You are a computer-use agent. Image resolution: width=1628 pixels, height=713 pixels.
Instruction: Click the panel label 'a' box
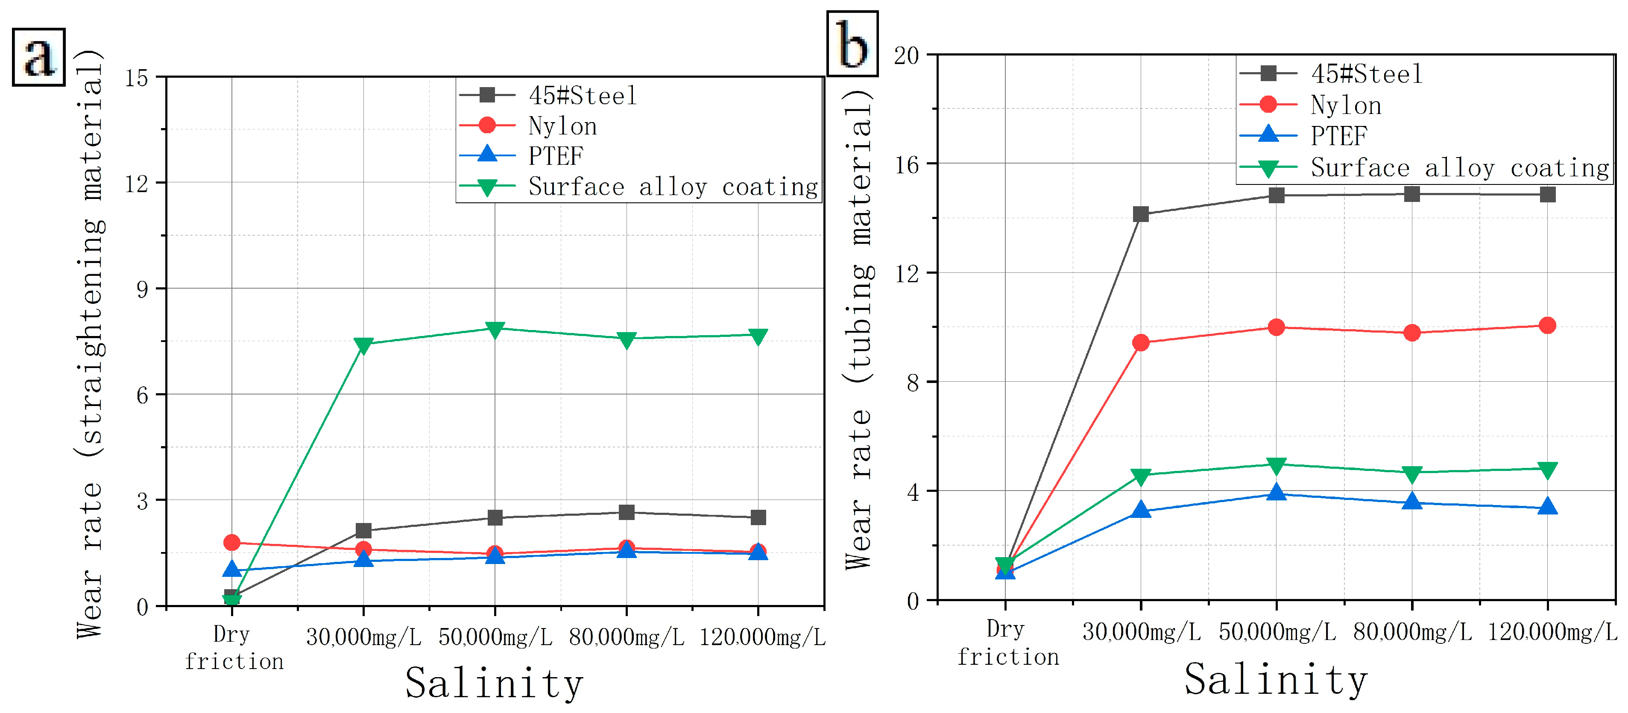point(38,57)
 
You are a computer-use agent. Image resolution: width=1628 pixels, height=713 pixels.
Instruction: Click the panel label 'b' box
point(852,44)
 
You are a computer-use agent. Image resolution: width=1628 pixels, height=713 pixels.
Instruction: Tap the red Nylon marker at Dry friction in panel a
point(232,543)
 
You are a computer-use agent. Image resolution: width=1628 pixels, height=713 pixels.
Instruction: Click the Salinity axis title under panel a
point(494,683)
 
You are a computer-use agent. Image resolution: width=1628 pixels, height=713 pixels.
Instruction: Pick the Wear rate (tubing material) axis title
point(860,328)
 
